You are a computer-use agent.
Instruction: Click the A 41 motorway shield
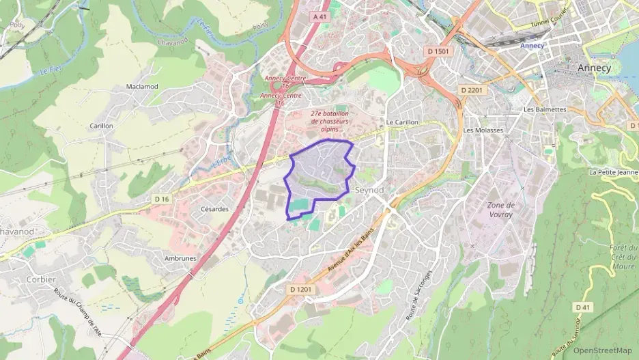coord(318,16)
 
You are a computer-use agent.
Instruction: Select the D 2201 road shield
coord(472,90)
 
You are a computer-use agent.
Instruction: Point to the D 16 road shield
coord(161,199)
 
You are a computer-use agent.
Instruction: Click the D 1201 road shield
coord(300,290)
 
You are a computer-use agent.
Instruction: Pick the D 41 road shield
coord(582,307)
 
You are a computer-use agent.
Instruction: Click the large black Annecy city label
coord(595,68)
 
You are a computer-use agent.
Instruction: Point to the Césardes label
coord(214,209)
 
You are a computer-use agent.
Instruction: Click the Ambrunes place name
coord(180,258)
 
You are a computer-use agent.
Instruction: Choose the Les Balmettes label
coord(545,109)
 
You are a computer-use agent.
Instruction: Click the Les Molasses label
coord(483,130)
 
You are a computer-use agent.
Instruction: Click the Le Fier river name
coord(51,70)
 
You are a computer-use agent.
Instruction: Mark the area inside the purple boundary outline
coord(317,171)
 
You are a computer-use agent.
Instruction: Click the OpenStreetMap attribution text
coord(602,350)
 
